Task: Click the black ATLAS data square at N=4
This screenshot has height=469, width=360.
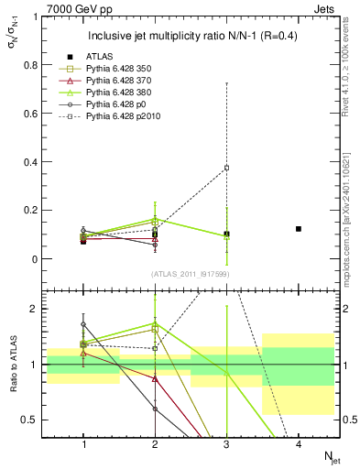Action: click(299, 229)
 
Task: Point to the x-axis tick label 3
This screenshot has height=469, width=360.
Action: click(227, 444)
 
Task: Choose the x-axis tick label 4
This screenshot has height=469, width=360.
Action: click(299, 444)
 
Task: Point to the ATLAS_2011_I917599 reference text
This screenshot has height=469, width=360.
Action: click(191, 275)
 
